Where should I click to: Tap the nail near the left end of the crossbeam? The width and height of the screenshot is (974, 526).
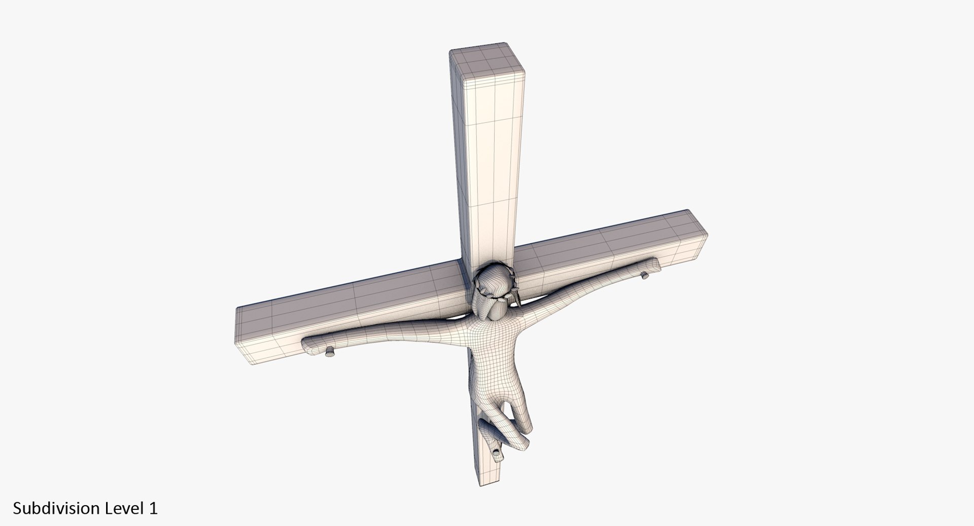[x=330, y=351]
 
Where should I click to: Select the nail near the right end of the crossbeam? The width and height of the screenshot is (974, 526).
[x=645, y=275]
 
